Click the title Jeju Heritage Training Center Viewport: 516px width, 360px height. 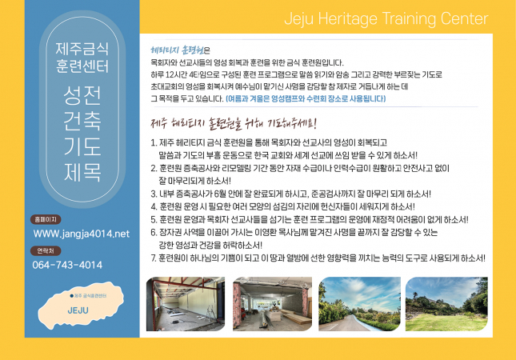click(386, 18)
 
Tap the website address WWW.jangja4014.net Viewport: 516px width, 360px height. click(82, 234)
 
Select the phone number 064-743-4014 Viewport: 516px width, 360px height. click(67, 265)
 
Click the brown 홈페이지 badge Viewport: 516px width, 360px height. click(46, 219)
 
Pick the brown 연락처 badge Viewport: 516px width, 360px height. click(46, 250)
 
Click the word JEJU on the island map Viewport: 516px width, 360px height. click(78, 310)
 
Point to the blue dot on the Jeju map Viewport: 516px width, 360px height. click(72, 296)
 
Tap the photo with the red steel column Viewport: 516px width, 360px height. click(186, 304)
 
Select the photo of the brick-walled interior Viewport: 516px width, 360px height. click(272, 304)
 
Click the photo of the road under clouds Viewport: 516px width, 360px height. click(359, 304)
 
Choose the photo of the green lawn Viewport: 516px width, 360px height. click(446, 304)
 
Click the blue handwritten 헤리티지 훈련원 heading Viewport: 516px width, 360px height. click(177, 50)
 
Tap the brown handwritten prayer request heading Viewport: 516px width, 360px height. click(234, 123)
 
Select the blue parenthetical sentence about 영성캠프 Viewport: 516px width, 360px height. click(306, 98)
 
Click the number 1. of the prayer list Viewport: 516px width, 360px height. click(154, 143)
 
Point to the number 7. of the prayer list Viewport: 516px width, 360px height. click(154, 258)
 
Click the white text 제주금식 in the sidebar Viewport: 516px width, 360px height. click(82, 49)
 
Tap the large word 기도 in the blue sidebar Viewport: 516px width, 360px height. click(82, 146)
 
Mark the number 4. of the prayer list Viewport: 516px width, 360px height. click(154, 206)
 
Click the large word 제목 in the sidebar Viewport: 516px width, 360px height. click(82, 172)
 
